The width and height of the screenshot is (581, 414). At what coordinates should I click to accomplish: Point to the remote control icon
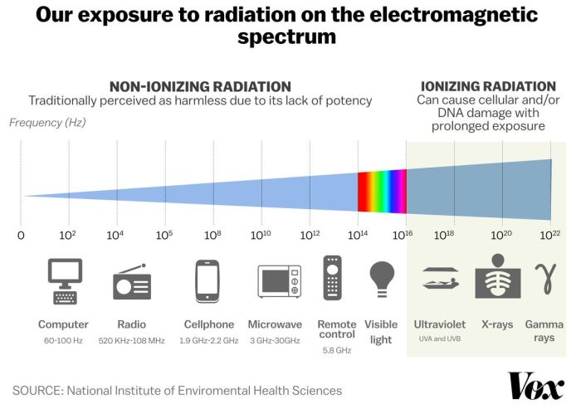(x=332, y=278)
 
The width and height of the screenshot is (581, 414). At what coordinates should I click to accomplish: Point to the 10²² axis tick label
(x=550, y=235)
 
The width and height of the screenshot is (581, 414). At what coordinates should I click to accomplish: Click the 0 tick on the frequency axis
(x=21, y=235)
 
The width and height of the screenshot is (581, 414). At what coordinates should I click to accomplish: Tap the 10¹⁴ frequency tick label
(x=358, y=235)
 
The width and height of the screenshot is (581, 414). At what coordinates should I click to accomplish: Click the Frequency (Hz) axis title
(x=47, y=122)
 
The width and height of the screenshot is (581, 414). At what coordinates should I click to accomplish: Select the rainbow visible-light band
(x=382, y=191)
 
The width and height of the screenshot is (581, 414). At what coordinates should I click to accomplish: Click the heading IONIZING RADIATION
(x=488, y=86)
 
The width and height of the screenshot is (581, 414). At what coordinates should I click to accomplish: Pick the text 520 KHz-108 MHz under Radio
(x=133, y=341)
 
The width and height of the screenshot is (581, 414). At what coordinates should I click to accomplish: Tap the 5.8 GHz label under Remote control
(x=332, y=351)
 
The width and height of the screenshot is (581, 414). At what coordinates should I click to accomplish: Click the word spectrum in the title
(x=286, y=37)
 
